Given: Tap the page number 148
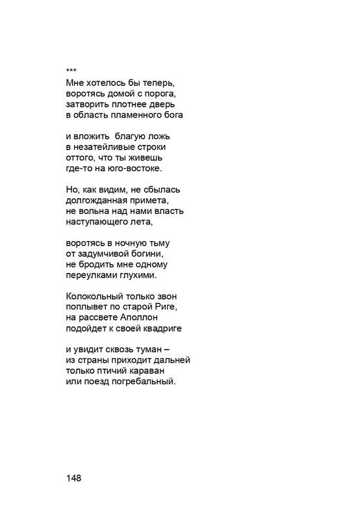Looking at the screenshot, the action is [73, 478].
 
